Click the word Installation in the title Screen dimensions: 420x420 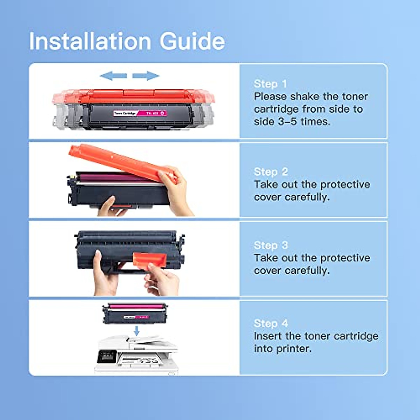point(90,41)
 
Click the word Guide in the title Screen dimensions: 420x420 point(192,41)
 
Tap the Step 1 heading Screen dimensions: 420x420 point(270,84)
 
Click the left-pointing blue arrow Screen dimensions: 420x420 point(113,75)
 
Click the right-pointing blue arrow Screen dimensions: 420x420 point(146,75)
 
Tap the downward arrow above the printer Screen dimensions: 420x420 point(137,330)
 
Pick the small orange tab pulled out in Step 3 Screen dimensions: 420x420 point(149,260)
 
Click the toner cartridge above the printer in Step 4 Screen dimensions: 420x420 point(135,313)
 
